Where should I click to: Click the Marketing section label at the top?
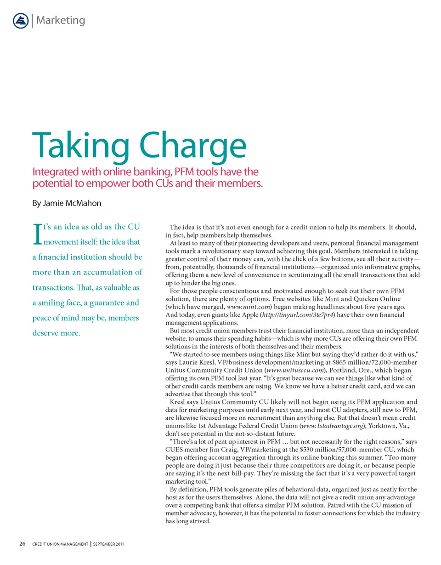[60, 21]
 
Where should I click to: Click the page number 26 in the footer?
[22, 544]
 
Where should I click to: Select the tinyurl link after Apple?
[296, 315]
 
